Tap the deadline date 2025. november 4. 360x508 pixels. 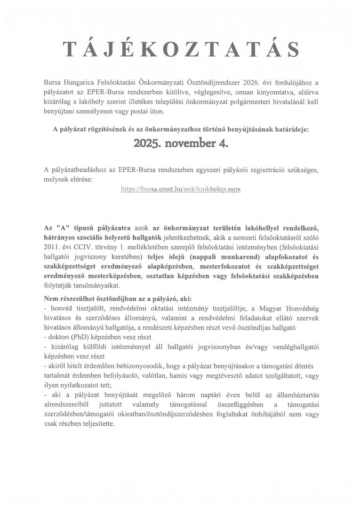click(x=180, y=143)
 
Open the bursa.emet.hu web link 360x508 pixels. click(x=181, y=189)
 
